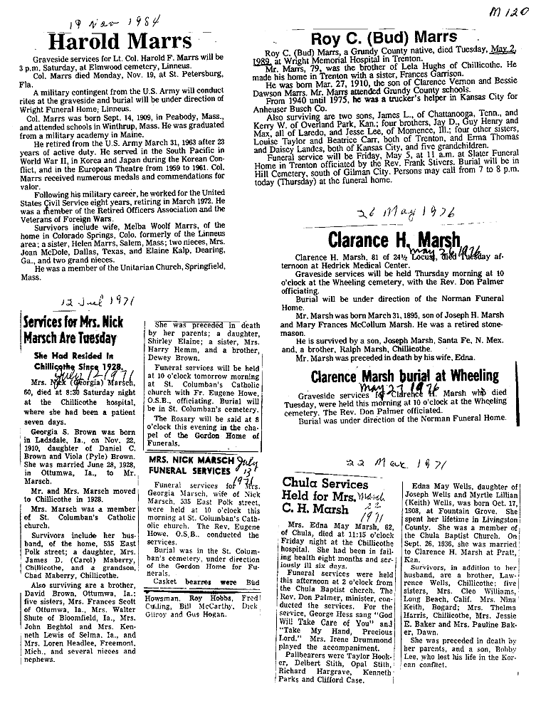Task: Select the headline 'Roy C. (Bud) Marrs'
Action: pyautogui.click(x=384, y=37)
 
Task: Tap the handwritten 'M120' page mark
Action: pyautogui.click(x=512, y=12)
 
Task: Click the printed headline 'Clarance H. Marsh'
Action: pyautogui.click(x=394, y=239)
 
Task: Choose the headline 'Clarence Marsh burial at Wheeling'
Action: pyautogui.click(x=404, y=375)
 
